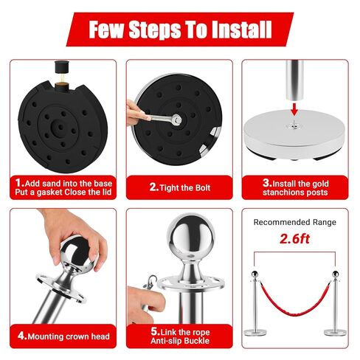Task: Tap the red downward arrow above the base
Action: (294, 109)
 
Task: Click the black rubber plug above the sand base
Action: (60, 67)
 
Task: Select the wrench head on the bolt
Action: (176, 120)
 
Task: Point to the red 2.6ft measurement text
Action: (294, 239)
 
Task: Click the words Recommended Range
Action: (294, 222)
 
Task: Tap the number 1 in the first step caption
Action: (18, 183)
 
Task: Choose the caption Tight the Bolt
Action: (185, 188)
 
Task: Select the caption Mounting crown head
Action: (69, 336)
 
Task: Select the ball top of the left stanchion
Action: (255, 274)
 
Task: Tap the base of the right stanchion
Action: (335, 333)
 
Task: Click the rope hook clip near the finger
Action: (150, 282)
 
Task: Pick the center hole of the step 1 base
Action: (60, 127)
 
